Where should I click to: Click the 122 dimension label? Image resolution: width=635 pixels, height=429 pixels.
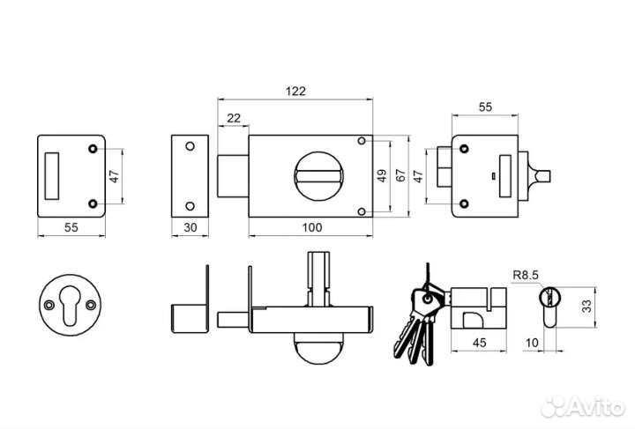295,91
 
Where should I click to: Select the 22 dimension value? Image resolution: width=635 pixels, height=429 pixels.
234,118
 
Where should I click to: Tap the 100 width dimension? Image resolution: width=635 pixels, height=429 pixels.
312,227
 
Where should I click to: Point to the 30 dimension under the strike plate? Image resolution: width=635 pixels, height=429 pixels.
190,227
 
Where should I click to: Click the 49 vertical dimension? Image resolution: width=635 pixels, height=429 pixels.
382,176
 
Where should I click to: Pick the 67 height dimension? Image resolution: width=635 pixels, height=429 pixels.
400,176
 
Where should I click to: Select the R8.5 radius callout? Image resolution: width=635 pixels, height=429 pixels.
526,276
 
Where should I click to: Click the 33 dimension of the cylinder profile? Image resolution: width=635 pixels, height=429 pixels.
586,306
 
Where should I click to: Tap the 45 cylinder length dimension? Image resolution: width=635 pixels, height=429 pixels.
479,343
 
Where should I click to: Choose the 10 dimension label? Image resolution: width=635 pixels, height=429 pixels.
532,343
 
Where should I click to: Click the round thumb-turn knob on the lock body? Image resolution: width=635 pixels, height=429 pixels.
318,176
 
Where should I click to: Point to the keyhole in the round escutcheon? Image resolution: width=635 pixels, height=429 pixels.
70,305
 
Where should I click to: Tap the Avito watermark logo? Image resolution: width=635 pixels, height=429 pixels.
583,406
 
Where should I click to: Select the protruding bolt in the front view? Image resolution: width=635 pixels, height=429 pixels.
233,176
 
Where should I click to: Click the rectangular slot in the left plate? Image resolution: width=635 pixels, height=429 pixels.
51,176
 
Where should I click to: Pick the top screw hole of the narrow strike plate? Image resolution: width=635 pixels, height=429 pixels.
190,146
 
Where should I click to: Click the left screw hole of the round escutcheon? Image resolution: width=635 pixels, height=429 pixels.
49,305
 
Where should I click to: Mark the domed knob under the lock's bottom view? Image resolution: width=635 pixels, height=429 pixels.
318,347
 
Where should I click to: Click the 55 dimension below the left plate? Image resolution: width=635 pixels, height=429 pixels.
71,227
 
